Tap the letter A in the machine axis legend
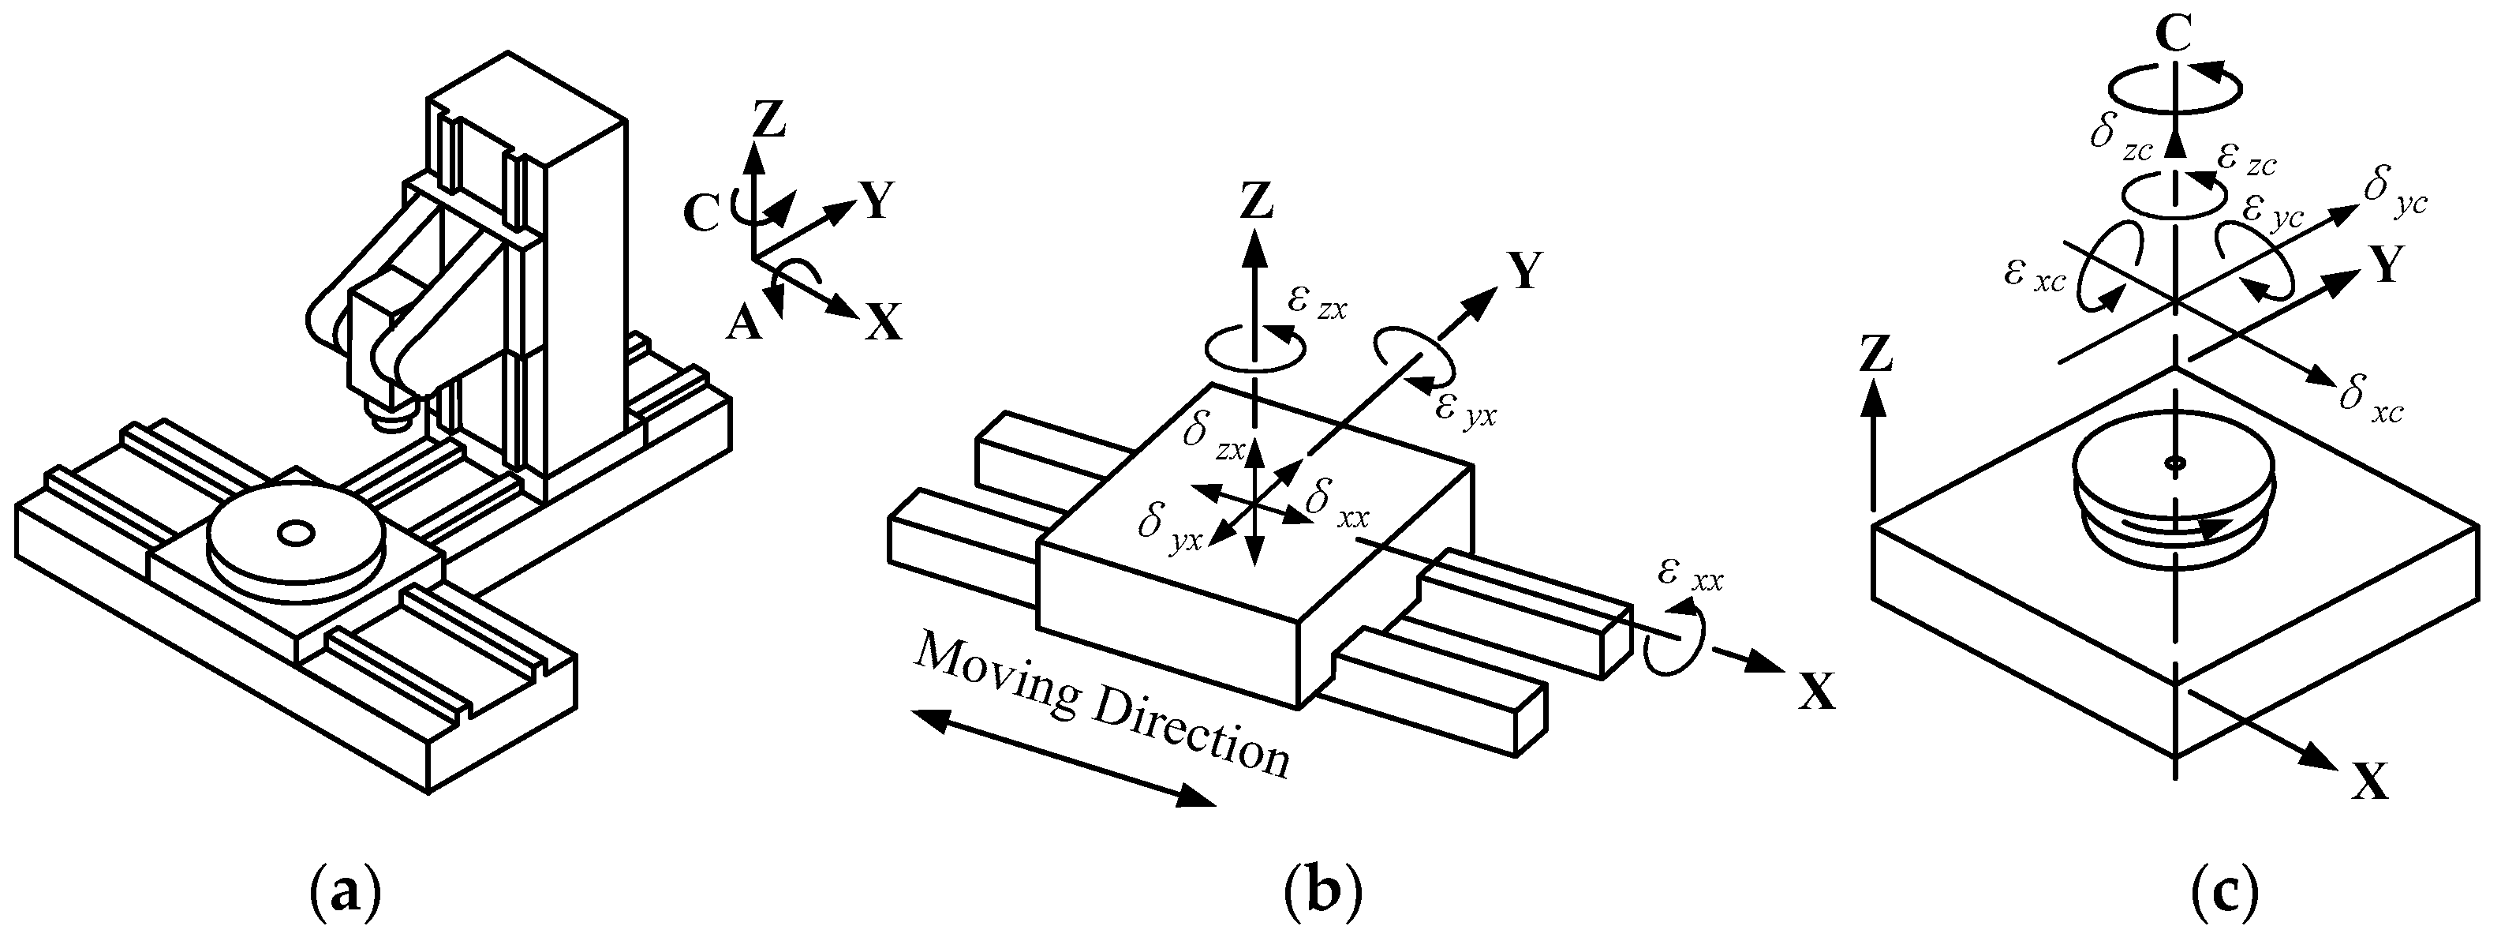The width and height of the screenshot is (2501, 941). [744, 324]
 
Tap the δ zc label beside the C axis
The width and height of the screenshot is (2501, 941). [2122, 139]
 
